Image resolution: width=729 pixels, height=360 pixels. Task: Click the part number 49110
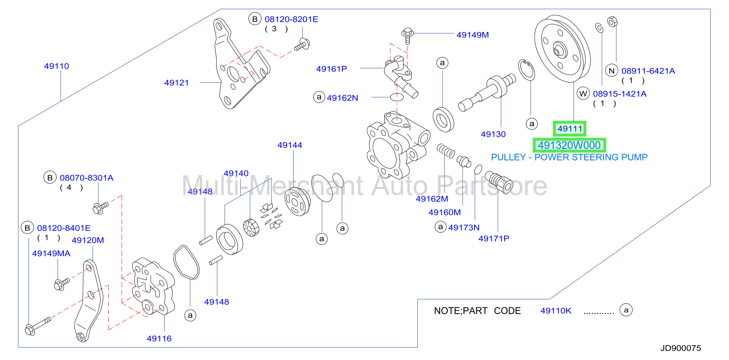click(57, 66)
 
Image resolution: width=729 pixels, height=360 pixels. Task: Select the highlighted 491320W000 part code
click(569, 145)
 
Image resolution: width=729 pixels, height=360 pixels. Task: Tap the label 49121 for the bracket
click(176, 83)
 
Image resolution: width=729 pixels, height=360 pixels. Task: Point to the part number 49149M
click(473, 35)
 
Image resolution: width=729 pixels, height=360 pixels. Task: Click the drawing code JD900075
click(680, 348)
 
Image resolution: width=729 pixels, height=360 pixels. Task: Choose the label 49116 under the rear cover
click(159, 338)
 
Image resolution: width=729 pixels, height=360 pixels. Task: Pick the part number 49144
click(290, 145)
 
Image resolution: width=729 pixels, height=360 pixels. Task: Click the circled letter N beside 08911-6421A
click(612, 71)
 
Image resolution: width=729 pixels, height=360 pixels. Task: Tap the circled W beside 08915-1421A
click(583, 94)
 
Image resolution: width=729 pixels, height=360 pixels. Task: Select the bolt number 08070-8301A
click(87, 178)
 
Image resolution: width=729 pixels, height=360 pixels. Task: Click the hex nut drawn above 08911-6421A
click(612, 22)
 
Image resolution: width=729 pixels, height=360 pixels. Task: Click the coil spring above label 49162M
click(446, 151)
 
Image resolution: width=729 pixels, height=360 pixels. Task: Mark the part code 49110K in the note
click(556, 311)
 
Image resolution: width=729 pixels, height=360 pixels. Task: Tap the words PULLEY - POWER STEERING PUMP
click(569, 157)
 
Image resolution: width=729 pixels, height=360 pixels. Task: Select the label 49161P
click(331, 69)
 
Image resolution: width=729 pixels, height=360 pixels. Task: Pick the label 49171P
click(494, 239)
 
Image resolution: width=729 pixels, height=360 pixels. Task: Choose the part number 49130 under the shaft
click(493, 134)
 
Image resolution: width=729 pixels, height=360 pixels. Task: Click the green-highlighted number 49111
click(570, 129)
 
